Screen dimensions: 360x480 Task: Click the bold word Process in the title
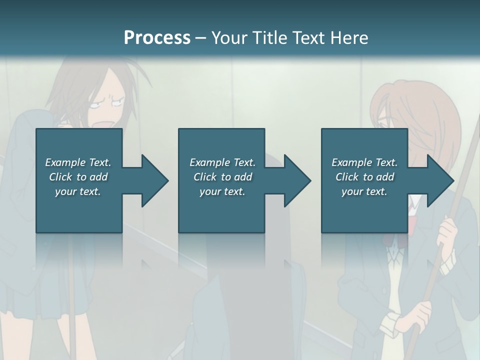[157, 37]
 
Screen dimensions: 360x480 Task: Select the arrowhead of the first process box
[152, 180]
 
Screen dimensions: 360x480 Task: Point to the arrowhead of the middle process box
[295, 180]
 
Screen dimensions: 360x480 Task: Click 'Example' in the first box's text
[65, 162]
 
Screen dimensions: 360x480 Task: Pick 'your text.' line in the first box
[78, 191]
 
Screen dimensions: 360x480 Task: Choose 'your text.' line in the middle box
[222, 191]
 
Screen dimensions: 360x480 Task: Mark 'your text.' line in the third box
[364, 191]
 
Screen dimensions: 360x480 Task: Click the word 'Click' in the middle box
[205, 177]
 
